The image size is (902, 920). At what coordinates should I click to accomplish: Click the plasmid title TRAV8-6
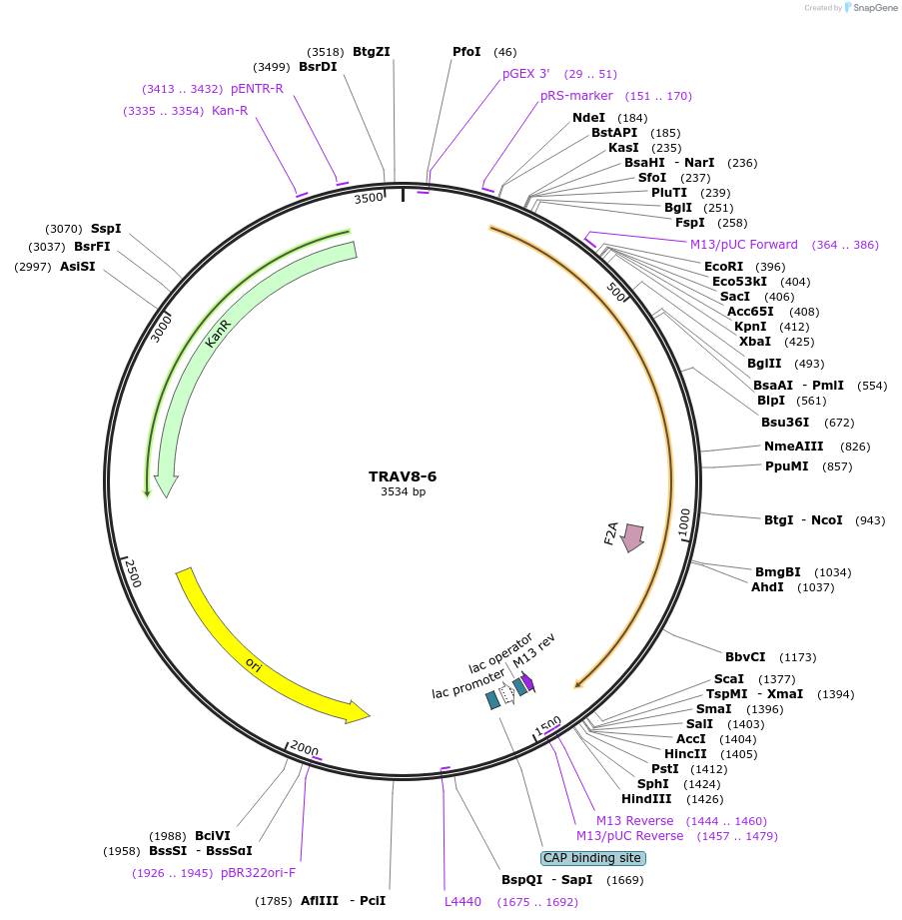[x=403, y=476]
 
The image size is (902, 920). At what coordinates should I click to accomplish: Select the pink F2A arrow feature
[x=632, y=536]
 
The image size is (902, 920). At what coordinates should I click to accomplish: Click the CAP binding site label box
[x=593, y=858]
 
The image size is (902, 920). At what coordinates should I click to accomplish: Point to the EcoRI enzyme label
[x=723, y=267]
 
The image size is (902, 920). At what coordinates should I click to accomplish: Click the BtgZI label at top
[x=372, y=52]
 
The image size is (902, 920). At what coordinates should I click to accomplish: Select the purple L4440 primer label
[x=462, y=901]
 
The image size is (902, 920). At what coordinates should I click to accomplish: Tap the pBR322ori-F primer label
[x=258, y=873]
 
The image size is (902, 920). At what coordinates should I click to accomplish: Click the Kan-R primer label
[x=230, y=111]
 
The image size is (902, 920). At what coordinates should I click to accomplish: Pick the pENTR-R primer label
[x=257, y=89]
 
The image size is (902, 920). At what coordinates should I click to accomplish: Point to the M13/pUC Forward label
[x=743, y=245]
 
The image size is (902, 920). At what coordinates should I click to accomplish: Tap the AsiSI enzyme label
[x=77, y=267]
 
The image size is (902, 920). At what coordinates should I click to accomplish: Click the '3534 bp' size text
[x=403, y=491]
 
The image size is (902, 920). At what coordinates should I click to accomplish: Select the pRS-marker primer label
[x=576, y=96]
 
